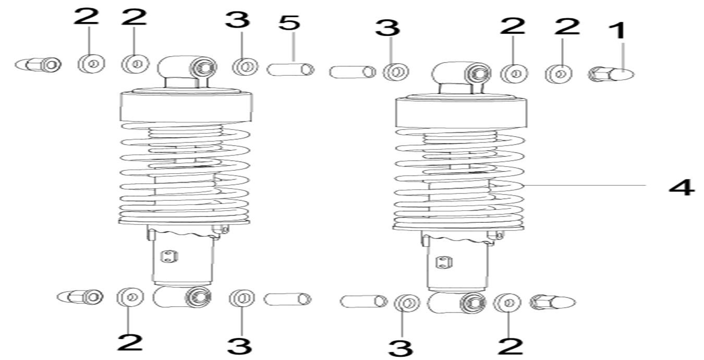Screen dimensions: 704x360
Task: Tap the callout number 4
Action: click(x=682, y=188)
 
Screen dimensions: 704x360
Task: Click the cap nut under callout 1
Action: click(x=611, y=75)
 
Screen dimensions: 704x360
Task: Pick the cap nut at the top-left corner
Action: click(x=38, y=65)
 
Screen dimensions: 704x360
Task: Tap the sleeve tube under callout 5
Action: click(x=290, y=69)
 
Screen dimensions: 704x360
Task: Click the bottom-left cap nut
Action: click(x=80, y=297)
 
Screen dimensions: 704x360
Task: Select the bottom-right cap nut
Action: click(x=552, y=303)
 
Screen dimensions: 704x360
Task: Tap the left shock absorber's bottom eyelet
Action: click(x=182, y=297)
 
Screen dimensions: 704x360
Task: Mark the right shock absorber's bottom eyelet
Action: click(x=456, y=303)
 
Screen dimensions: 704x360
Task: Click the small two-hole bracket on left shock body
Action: click(x=169, y=256)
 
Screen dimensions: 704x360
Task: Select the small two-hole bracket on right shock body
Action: click(x=444, y=262)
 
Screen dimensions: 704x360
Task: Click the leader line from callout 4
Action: click(x=584, y=186)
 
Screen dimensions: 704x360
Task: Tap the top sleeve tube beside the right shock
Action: click(x=353, y=72)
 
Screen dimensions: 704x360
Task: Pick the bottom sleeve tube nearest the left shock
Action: click(x=287, y=299)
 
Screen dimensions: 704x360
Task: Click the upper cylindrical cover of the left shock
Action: click(x=186, y=106)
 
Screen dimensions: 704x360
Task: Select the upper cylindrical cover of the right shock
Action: click(x=462, y=113)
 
